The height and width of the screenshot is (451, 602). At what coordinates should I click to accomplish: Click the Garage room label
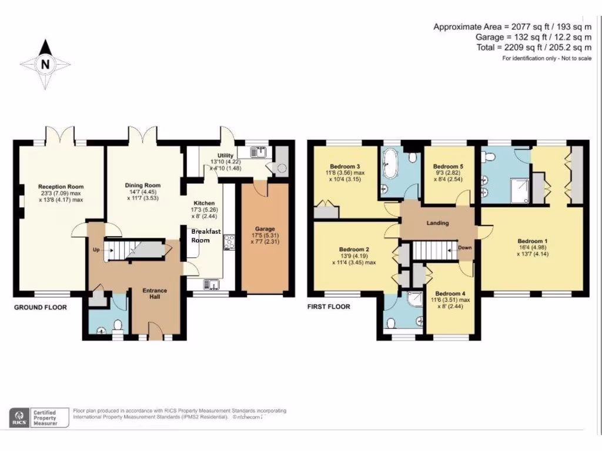tap(265, 229)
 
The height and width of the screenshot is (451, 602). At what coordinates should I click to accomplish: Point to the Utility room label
tap(226, 155)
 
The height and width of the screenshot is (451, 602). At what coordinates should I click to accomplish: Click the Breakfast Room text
tap(206, 235)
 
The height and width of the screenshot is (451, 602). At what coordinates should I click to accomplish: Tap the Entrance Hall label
tap(155, 294)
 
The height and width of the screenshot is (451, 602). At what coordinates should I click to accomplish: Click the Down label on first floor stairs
tap(464, 248)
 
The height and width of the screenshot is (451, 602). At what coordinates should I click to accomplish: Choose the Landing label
tap(437, 223)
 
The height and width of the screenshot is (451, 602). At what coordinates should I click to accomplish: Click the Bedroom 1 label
tap(532, 241)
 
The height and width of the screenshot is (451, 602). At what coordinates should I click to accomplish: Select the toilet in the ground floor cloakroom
tap(118, 324)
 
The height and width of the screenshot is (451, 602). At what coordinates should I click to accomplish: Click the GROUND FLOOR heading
tap(41, 307)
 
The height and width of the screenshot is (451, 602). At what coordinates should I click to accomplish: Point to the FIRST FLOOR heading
tap(329, 307)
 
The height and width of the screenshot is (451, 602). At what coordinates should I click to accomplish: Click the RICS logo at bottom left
tap(19, 417)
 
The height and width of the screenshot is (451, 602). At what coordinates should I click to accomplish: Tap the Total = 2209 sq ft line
tap(534, 48)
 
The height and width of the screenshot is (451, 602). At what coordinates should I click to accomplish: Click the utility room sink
tap(258, 152)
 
